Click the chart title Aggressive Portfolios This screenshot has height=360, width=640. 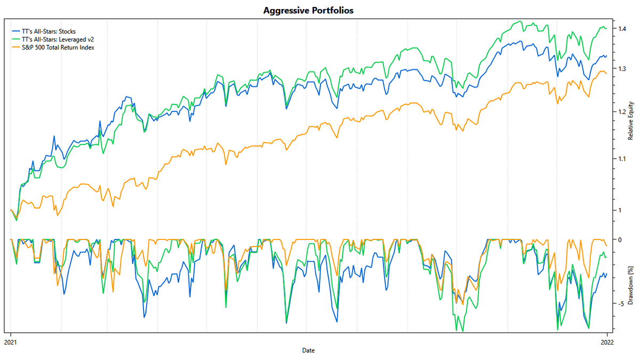point(308,10)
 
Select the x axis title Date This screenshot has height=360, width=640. point(308,350)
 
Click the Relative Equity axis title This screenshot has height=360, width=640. point(630,121)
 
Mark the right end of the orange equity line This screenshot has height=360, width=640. point(606,74)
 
